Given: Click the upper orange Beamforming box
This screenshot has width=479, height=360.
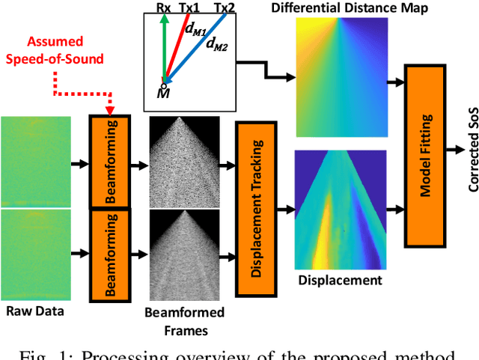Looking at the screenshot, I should tap(111, 162).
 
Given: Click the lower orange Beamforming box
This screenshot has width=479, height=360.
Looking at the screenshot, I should tap(111, 254).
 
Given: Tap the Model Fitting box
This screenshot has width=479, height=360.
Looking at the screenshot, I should tap(424, 156).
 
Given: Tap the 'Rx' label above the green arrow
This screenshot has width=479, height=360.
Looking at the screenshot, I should tap(164, 7).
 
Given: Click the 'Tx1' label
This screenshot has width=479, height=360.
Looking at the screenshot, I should tap(189, 7).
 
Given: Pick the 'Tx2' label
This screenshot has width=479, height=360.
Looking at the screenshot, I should tap(224, 7).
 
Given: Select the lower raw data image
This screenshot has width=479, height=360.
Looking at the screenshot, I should tap(36, 254).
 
